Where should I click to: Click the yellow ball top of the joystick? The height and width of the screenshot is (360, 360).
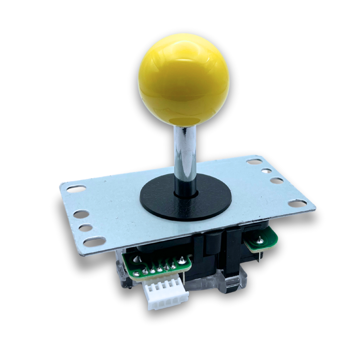click(x=184, y=80)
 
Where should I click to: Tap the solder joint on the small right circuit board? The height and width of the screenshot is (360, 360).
click(x=259, y=239)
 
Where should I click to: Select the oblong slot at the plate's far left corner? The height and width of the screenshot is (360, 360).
click(x=76, y=189)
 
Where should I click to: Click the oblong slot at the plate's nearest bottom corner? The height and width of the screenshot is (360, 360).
click(x=94, y=241)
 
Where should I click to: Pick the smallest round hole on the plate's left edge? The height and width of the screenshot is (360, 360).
click(x=86, y=228)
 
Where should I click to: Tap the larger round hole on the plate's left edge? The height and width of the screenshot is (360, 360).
click(x=81, y=214)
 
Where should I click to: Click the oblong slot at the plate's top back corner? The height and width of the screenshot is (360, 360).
click(x=254, y=162)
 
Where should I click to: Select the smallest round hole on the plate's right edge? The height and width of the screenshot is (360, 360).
click(x=266, y=171)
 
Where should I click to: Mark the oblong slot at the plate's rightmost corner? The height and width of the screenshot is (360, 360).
click(x=297, y=203)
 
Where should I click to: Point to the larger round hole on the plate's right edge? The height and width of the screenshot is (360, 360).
click(x=276, y=181)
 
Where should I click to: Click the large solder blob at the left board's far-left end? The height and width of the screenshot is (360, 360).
click(x=136, y=274)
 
